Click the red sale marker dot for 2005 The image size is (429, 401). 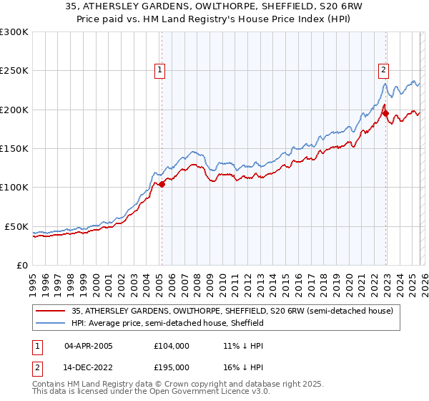[x=162, y=184]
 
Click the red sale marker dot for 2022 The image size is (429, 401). [x=385, y=113]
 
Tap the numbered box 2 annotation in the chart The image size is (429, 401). [x=383, y=69]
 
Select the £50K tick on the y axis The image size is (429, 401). [x=16, y=226]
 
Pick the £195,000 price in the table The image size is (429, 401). [x=172, y=367]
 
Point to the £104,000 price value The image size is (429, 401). [x=172, y=345]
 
